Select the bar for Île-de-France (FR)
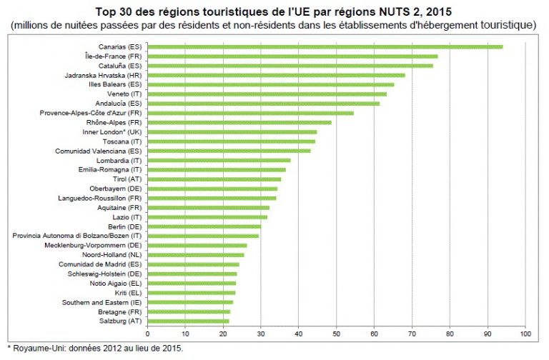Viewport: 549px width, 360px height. tap(292, 56)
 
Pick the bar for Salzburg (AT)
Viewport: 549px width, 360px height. tap(189, 321)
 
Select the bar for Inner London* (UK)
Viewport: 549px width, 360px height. tap(232, 132)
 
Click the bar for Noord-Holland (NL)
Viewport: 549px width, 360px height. tap(196, 255)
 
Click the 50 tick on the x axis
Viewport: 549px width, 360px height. tap(337, 334)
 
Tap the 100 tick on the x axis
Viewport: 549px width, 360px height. tap(525, 334)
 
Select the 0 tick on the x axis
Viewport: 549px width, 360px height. tap(148, 334)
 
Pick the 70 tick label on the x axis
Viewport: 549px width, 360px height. tap(412, 334)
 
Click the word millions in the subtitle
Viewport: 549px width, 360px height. tap(34, 25)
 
